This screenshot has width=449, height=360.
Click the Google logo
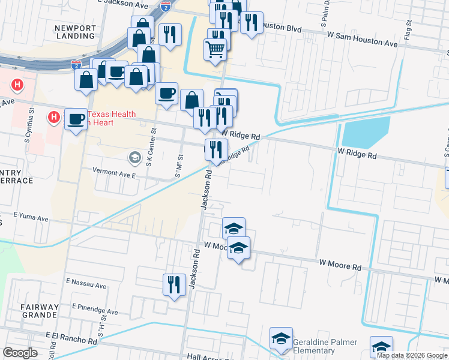click(x=20, y=353)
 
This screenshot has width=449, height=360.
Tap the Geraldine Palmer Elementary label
click(x=325, y=346)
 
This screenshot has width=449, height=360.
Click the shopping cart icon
click(x=215, y=49)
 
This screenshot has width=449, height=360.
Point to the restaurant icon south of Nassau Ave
click(x=174, y=284)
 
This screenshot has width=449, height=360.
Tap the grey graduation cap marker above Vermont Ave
click(x=135, y=158)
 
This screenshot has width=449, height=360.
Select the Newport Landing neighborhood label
click(x=74, y=32)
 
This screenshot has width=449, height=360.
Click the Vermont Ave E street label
click(x=114, y=170)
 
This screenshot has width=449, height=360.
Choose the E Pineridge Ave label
click(x=95, y=311)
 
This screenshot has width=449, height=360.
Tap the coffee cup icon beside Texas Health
click(x=76, y=119)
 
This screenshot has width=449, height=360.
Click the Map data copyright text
click(x=412, y=355)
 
